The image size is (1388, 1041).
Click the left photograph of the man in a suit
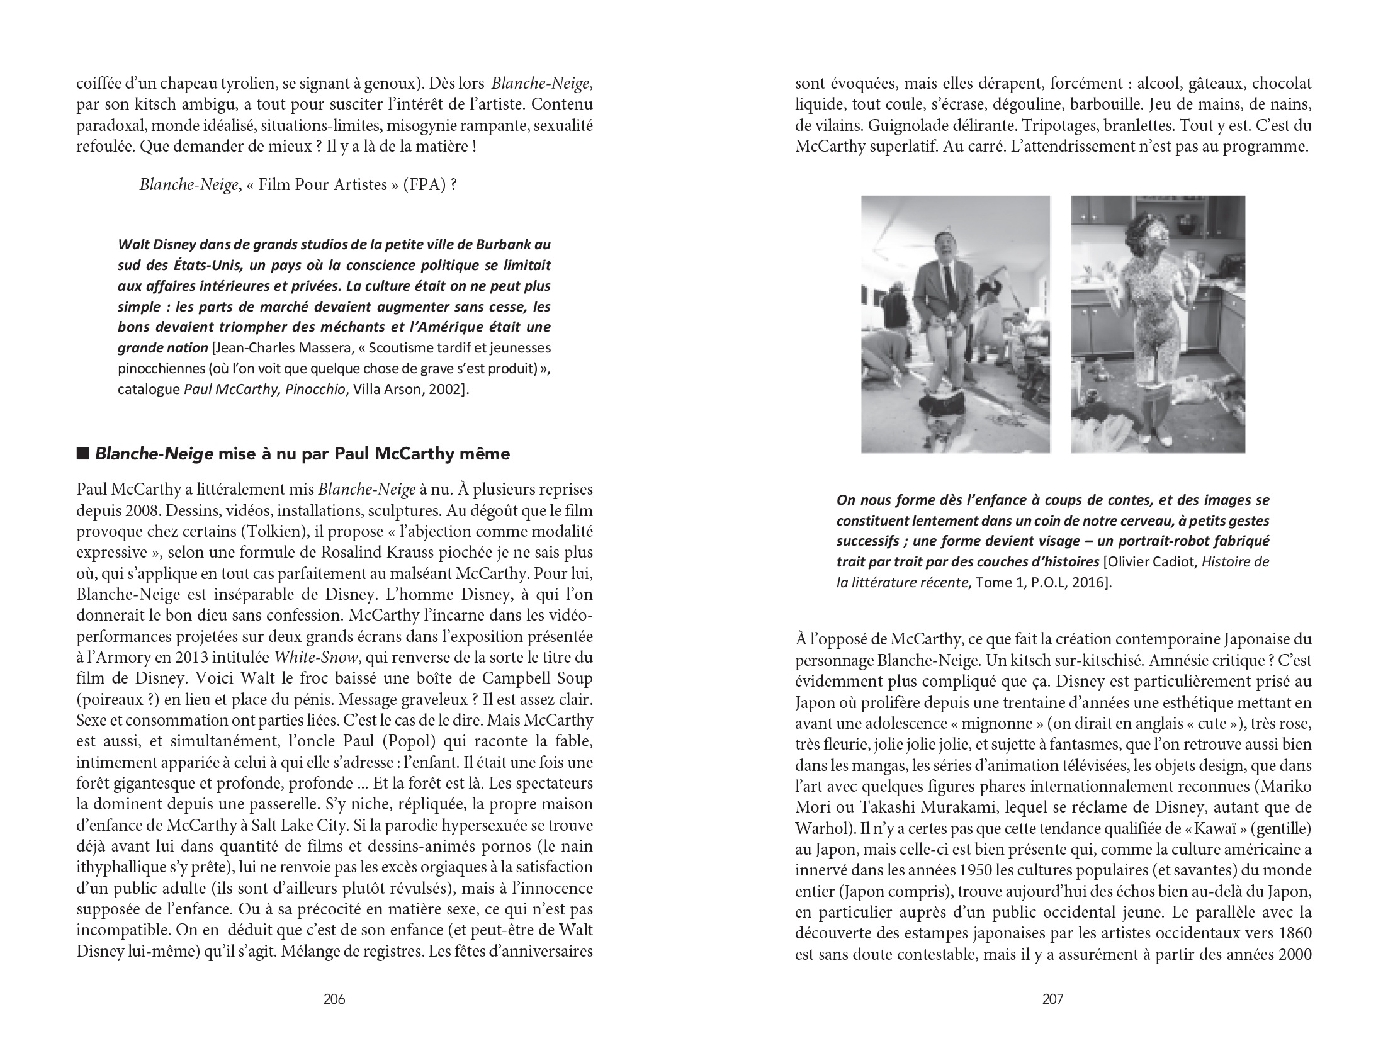[x=956, y=324]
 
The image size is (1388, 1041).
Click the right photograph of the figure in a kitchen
[x=1158, y=324]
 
